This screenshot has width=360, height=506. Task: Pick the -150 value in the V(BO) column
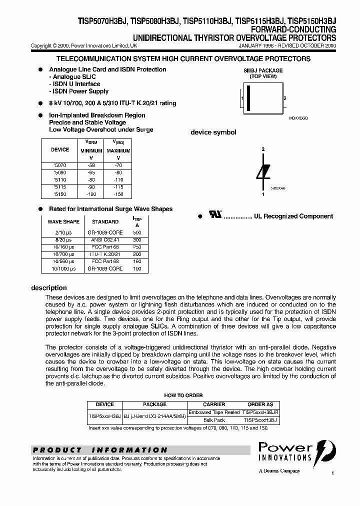tap(118, 194)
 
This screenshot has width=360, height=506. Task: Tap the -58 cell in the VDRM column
tap(90, 165)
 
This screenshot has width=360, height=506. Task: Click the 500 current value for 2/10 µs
tap(137, 233)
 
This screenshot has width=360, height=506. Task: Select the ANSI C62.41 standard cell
tap(105, 240)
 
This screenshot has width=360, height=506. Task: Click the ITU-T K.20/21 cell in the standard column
tap(105, 254)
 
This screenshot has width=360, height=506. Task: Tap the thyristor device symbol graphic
tap(263, 170)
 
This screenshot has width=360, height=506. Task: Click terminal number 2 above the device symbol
tap(263, 149)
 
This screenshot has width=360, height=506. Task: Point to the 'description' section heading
tap(49, 288)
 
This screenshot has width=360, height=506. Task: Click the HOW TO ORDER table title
tap(183, 395)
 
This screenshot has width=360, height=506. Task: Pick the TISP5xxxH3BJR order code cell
tap(260, 412)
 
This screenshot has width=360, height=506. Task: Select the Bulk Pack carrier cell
tap(214, 420)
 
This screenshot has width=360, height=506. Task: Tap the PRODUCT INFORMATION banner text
tap(100, 450)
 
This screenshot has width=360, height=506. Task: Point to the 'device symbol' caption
tap(213, 132)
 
